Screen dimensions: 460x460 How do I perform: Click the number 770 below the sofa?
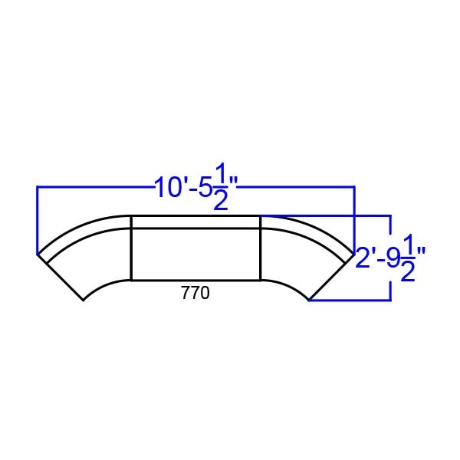[x=195, y=293]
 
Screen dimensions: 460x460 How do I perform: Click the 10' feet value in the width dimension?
[x=170, y=188]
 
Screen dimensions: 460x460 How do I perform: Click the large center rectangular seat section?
[x=195, y=254]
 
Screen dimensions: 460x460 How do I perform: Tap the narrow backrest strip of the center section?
[x=195, y=222]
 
